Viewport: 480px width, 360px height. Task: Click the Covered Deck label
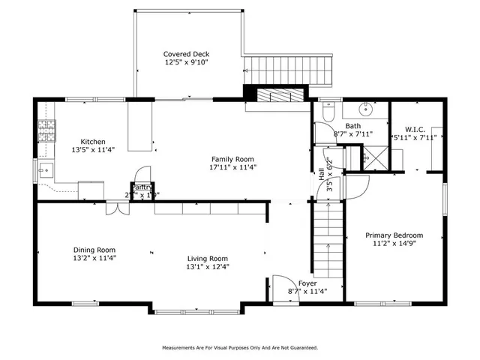click(187, 54)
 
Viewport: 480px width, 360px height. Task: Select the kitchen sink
click(45, 170)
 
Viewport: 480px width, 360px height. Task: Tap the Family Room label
click(232, 159)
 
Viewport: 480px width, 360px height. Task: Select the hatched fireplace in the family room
click(277, 95)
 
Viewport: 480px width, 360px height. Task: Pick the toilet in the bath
click(327, 112)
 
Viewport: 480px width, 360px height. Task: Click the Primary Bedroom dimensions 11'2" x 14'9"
click(393, 244)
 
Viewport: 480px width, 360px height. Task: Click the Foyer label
click(307, 283)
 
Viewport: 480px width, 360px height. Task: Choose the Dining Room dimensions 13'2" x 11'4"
click(94, 258)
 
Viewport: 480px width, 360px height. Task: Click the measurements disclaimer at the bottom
click(240, 348)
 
